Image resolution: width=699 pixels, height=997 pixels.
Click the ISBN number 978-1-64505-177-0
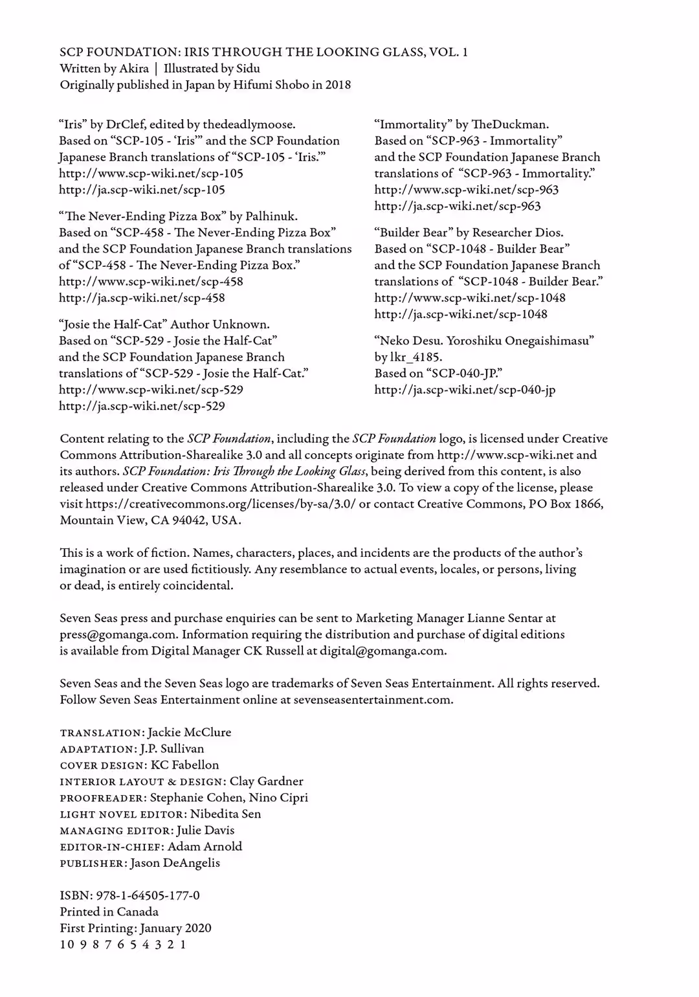[148, 895]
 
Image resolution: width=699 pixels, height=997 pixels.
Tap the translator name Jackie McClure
[189, 732]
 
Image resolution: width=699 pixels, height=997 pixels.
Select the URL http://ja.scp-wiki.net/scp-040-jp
[465, 390]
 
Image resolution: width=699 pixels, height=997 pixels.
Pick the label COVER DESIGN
[103, 765]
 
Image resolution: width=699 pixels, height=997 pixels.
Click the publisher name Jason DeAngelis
[175, 863]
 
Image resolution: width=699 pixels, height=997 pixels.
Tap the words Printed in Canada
[109, 912]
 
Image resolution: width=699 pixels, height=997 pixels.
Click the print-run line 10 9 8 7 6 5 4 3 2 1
[123, 944]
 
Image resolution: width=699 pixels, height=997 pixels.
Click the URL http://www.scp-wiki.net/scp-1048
[470, 298]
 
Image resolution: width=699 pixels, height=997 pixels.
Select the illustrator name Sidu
[249, 69]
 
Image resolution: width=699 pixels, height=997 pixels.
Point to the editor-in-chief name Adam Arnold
[205, 846]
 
